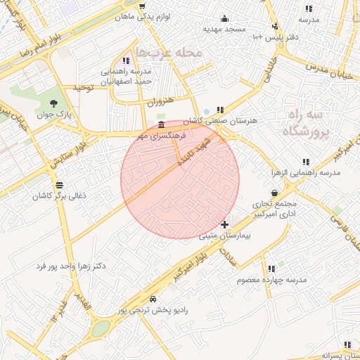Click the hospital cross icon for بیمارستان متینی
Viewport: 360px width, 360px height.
tap(224, 225)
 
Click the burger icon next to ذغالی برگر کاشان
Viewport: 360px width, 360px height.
tap(49, 184)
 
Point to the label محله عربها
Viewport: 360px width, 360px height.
tap(168, 52)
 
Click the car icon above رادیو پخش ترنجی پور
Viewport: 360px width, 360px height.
tap(153, 299)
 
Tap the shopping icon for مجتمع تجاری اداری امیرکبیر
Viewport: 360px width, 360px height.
tap(274, 193)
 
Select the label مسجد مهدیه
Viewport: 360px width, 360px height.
tap(224, 29)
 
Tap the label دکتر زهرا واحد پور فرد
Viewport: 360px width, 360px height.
tap(71, 266)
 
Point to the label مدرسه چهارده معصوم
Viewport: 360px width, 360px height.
tap(271, 280)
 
